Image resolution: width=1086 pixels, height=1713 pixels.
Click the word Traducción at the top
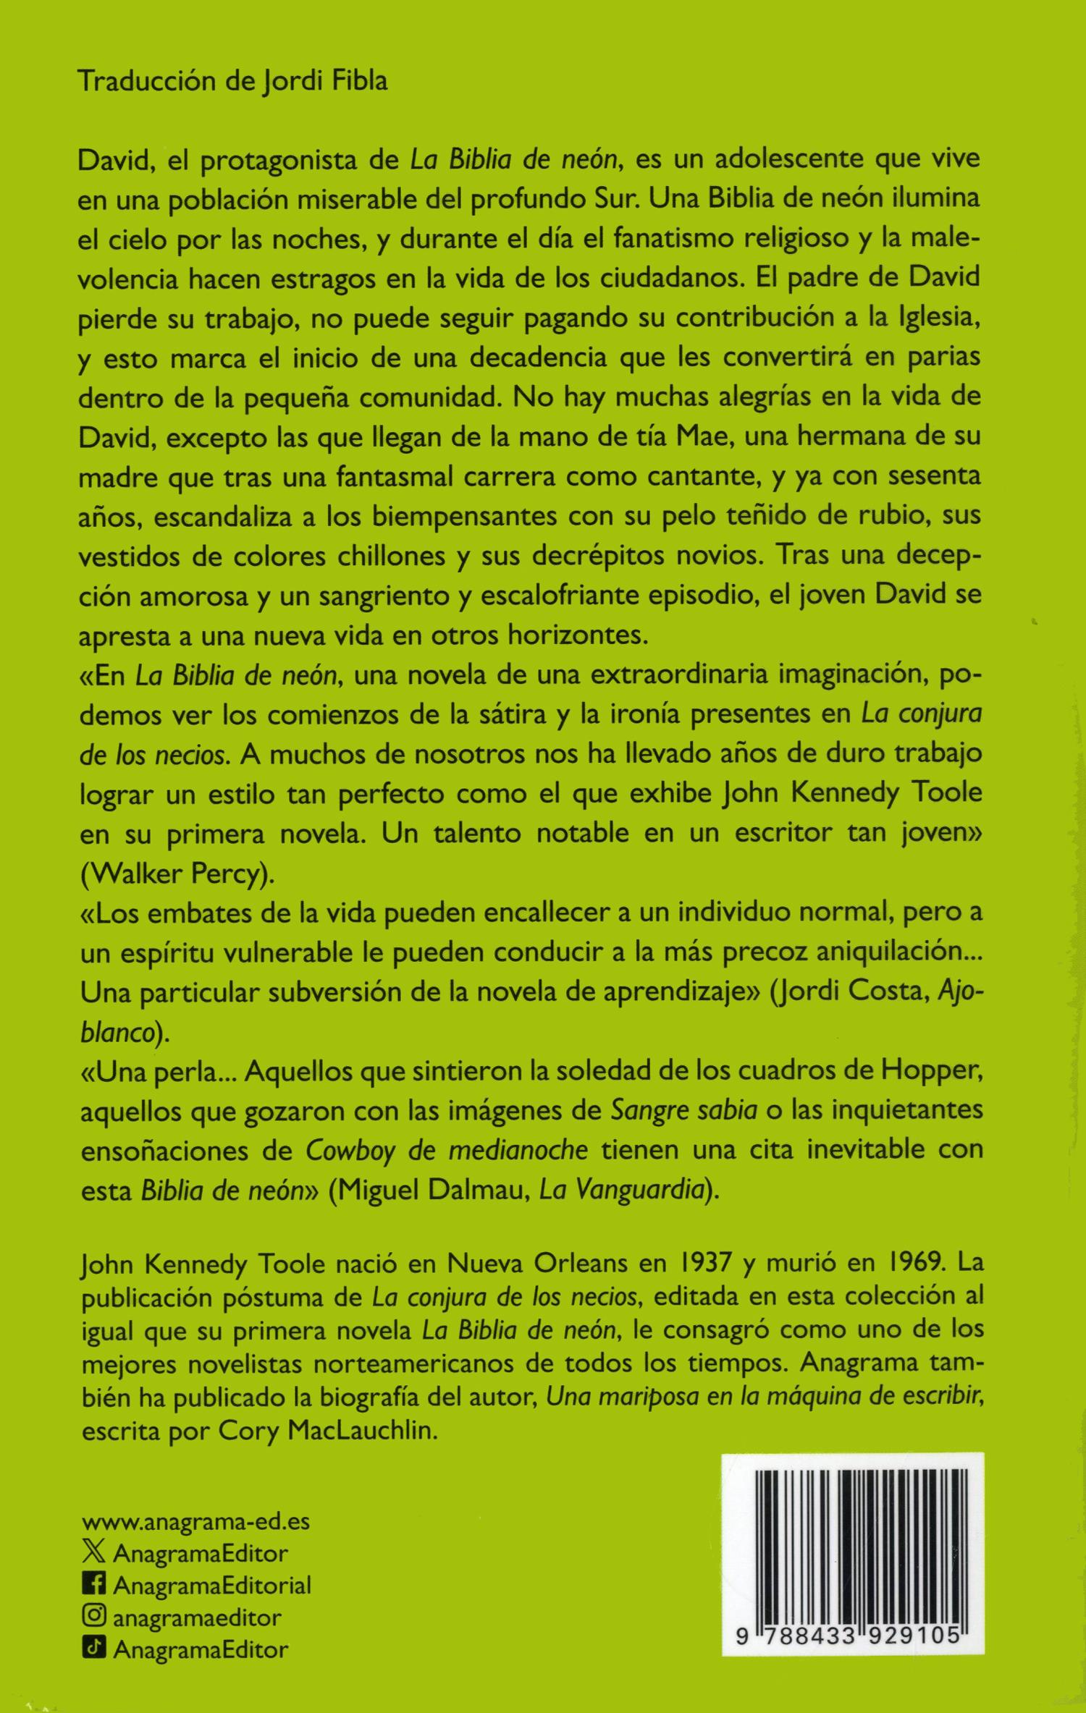pos(146,81)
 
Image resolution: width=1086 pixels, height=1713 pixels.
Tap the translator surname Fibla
pos(360,81)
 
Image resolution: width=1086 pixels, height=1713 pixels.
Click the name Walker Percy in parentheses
pos(177,874)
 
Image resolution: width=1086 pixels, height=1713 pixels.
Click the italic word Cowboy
pos(350,1151)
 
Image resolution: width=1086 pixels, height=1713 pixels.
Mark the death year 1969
pos(907,1263)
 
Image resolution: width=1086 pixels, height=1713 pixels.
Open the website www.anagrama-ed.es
pos(195,1522)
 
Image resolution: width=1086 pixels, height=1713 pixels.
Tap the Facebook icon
pos(93,1584)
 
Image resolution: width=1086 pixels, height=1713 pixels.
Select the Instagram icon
pos(93,1616)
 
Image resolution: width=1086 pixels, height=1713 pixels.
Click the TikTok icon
pos(93,1648)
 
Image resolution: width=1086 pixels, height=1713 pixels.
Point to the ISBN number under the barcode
pos(848,1636)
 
